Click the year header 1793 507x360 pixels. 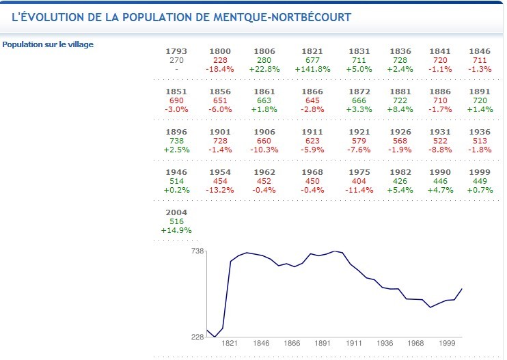coord(176,51)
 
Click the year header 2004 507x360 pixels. coord(176,212)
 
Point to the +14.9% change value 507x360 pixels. coord(176,230)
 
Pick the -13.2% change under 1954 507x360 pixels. coord(220,190)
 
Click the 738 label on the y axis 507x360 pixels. coord(197,251)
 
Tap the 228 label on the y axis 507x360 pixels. coord(197,337)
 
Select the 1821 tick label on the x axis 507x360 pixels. coord(229,344)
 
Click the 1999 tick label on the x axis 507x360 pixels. coord(448,344)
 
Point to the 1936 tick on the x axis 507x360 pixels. coord(385,344)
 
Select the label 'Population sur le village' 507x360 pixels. coord(48,44)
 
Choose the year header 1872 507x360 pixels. coord(359,92)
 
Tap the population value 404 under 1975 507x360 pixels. coord(359,181)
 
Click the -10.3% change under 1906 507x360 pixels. coord(264,150)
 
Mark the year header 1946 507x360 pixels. coord(176,172)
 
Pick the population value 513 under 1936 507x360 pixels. coord(480,141)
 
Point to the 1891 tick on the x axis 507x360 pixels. coord(323,344)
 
